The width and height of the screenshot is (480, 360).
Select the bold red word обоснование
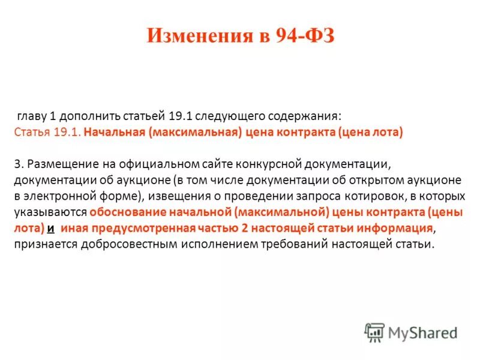125,212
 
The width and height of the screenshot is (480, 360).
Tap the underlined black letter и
51,229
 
